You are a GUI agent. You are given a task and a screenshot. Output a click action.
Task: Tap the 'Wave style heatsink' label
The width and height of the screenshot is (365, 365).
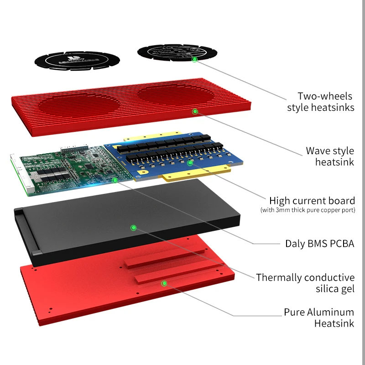tap(329, 156)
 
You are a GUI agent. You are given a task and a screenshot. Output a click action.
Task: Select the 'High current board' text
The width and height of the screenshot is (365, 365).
tap(312, 201)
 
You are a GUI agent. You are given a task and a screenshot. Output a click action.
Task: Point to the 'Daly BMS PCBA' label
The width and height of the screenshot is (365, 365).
tap(319, 243)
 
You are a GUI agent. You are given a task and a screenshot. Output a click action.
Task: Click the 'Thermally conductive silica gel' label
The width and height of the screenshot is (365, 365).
tap(305, 283)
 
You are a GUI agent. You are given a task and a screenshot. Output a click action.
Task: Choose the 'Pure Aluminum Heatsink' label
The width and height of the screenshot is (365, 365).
tap(318, 318)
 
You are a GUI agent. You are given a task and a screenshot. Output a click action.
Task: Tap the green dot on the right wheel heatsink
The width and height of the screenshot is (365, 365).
tap(195, 59)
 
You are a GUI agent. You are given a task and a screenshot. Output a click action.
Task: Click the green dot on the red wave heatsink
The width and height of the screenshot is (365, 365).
tap(195, 111)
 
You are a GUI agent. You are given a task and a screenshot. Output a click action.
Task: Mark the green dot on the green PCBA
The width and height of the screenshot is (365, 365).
tap(115, 180)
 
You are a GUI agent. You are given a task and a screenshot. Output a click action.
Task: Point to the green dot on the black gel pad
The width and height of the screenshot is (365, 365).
tap(133, 227)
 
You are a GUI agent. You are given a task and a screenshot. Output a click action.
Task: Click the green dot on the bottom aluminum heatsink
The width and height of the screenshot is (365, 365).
tap(164, 283)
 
